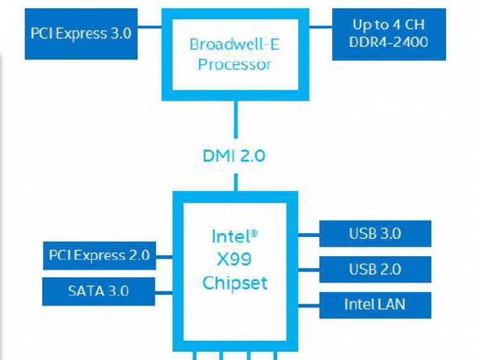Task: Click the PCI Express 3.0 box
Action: [x=81, y=33]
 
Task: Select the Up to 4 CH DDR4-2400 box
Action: [x=389, y=33]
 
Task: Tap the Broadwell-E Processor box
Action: [x=235, y=54]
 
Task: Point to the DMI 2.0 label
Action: [x=234, y=156]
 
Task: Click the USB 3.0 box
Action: [x=375, y=233]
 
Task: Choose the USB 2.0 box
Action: [x=375, y=269]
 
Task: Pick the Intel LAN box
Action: [x=375, y=304]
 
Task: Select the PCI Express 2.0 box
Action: [x=99, y=256]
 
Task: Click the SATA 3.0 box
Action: [x=99, y=291]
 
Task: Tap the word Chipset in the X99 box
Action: [x=234, y=282]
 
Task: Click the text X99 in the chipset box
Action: [x=234, y=259]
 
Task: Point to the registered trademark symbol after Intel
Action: [x=254, y=234]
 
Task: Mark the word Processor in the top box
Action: [x=234, y=65]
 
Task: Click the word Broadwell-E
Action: [x=234, y=45]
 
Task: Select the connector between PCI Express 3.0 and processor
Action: [x=149, y=26]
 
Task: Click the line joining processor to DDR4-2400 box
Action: [x=321, y=26]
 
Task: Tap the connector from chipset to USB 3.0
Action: [x=308, y=233]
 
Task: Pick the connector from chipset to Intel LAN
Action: [x=308, y=304]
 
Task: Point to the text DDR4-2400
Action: [x=389, y=42]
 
